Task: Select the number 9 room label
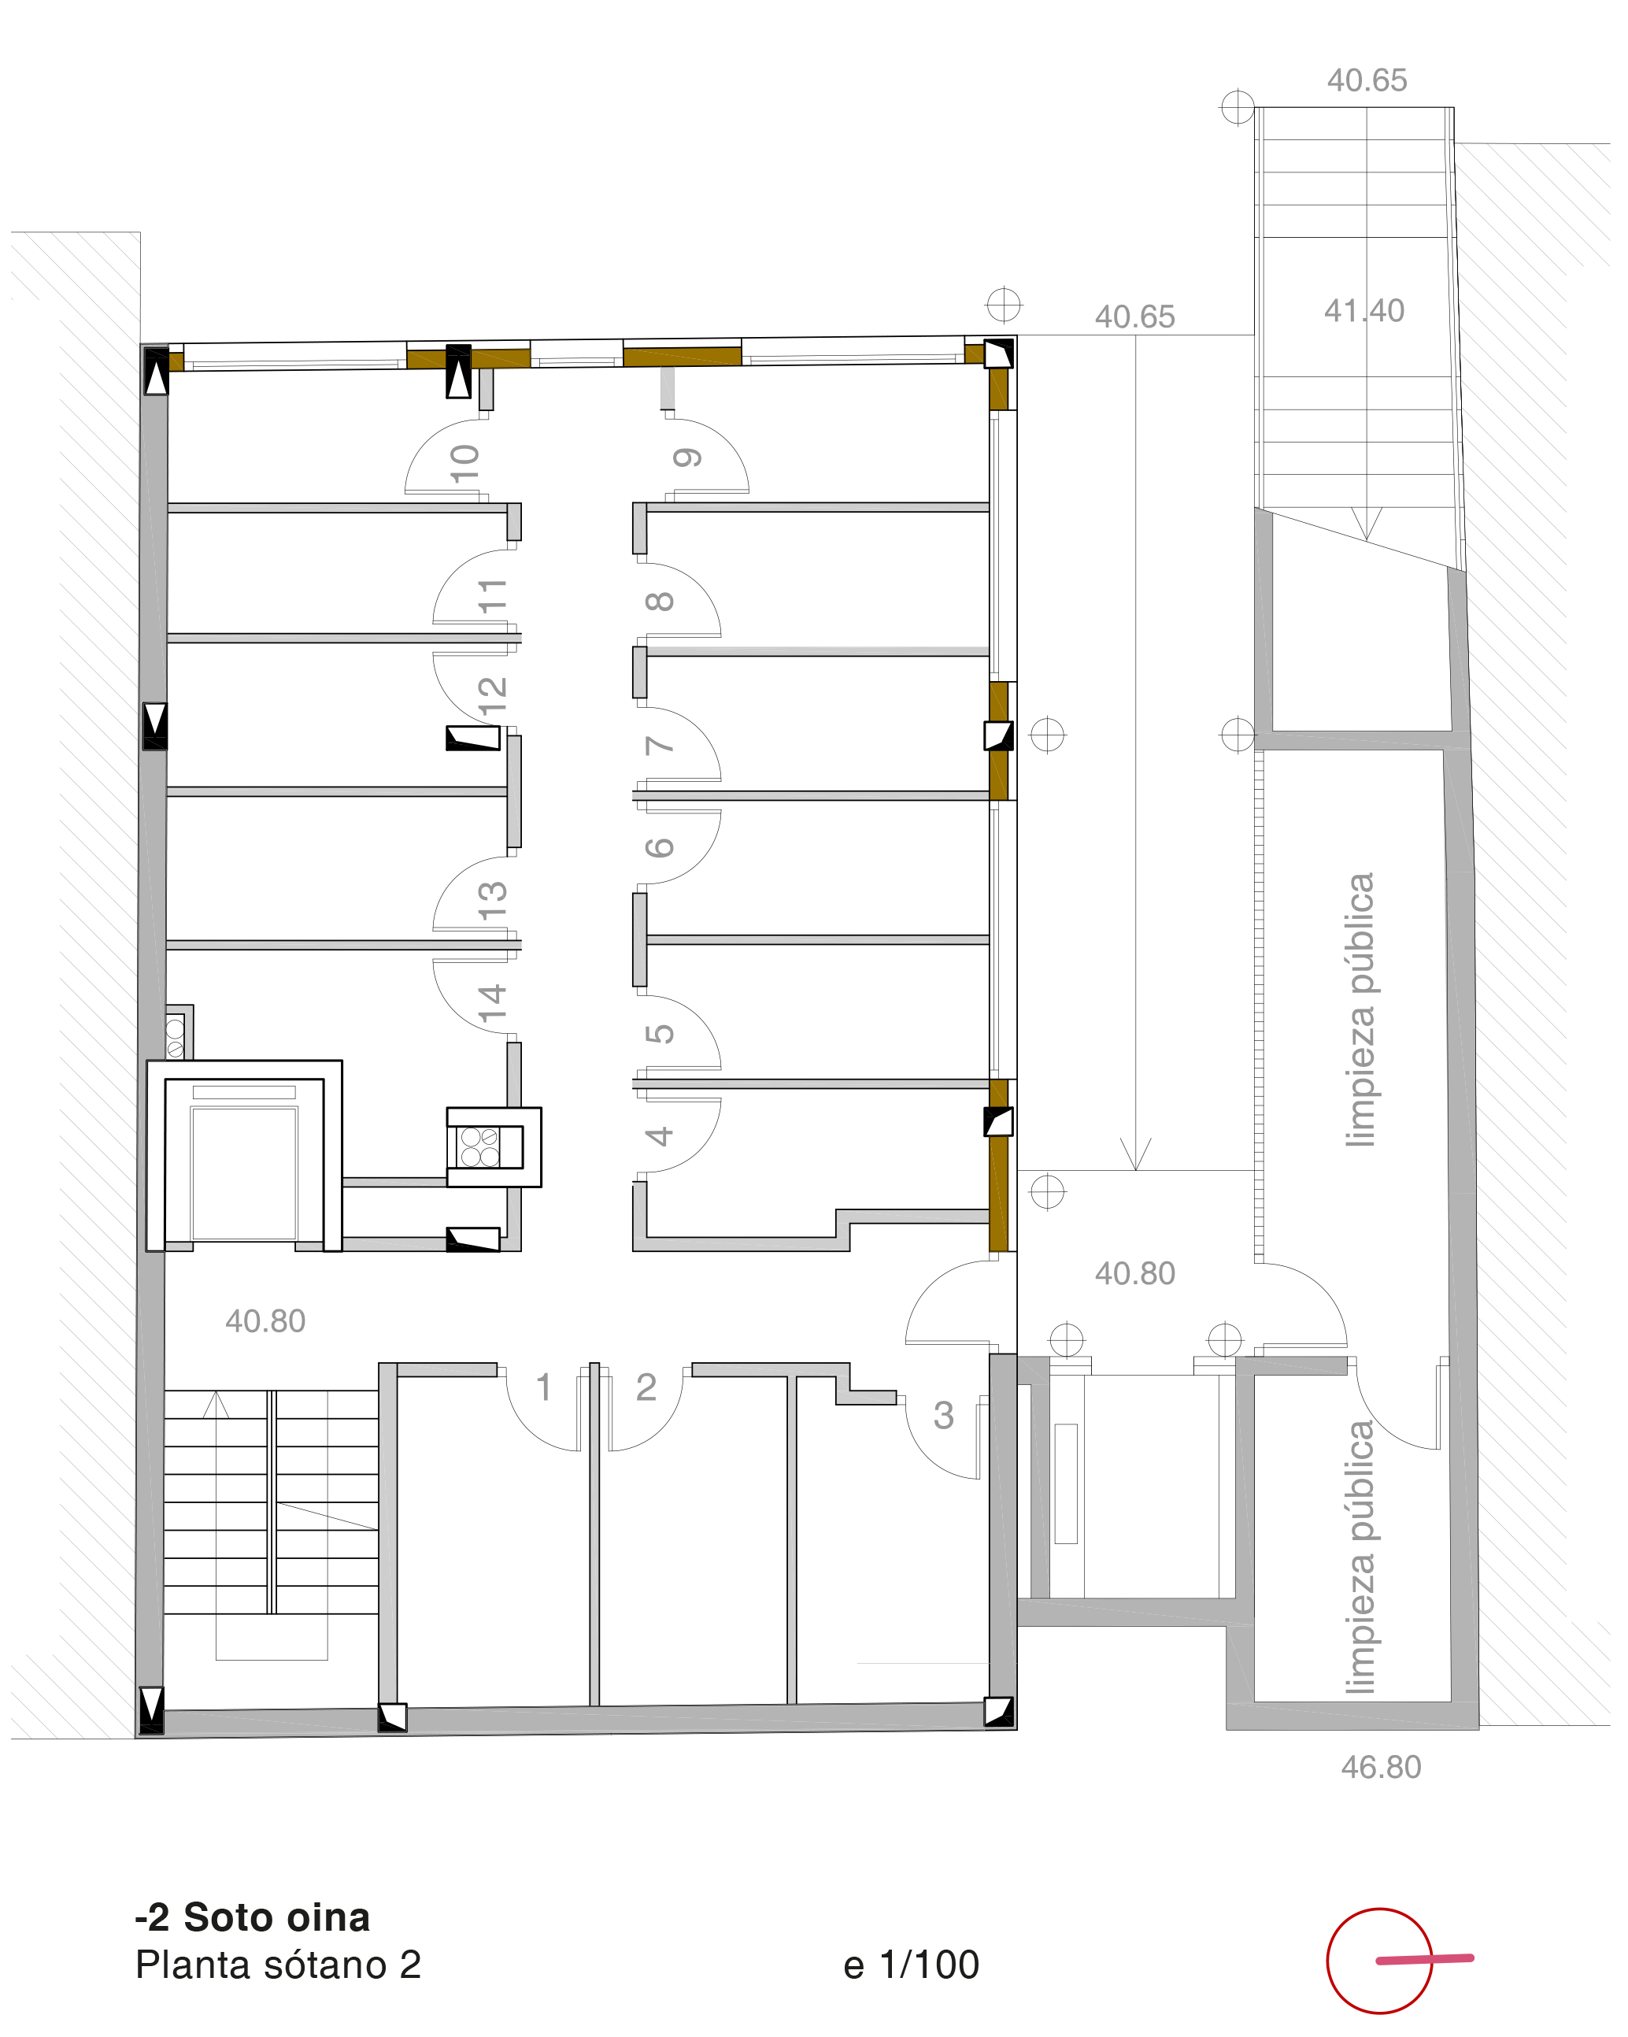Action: coord(687,458)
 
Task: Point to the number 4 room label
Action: coord(659,1135)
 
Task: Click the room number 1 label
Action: coord(543,1387)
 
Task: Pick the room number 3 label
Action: coord(943,1415)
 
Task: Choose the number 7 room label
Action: coord(659,746)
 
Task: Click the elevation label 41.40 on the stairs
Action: coord(1363,311)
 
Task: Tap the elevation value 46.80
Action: coord(1381,1767)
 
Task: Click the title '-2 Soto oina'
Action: coord(252,1917)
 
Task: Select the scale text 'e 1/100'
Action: coord(911,1965)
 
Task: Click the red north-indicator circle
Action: coord(1379,1961)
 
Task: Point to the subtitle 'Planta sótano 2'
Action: coord(278,1965)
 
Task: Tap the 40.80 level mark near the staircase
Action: coord(265,1320)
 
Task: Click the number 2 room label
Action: coord(646,1387)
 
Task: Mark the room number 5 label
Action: coord(659,1034)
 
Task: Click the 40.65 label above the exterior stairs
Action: coord(1367,80)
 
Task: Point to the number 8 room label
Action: coord(659,601)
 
